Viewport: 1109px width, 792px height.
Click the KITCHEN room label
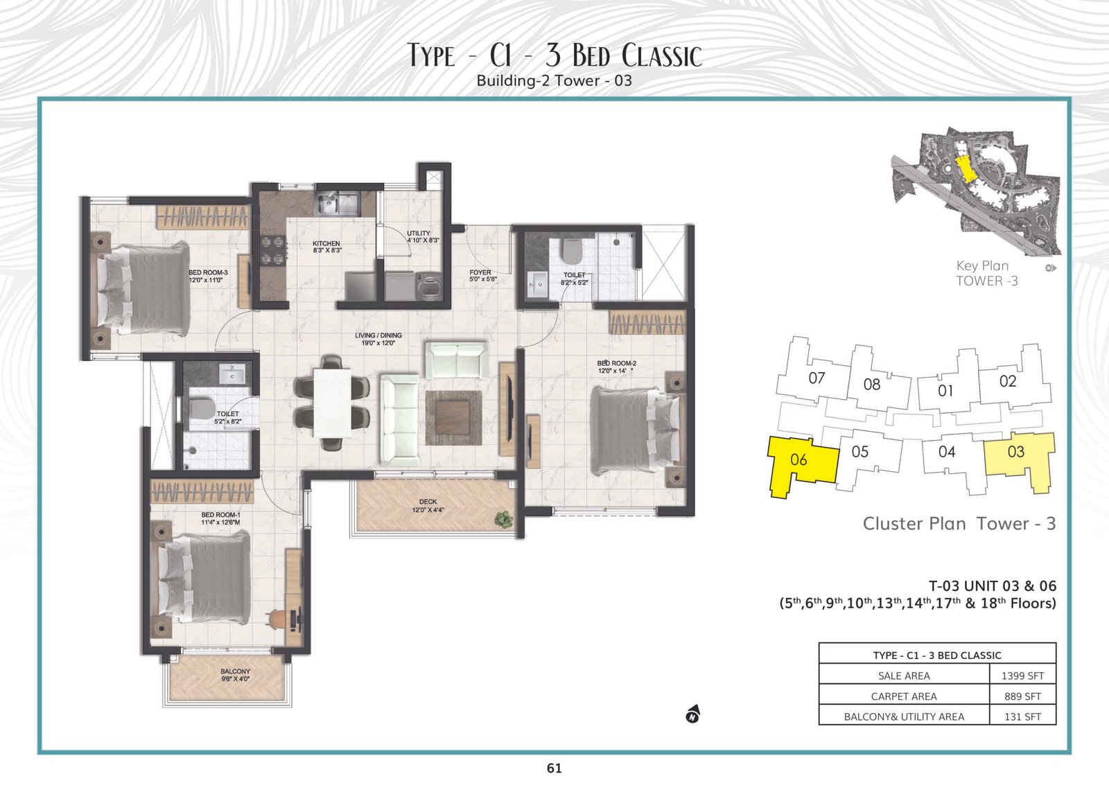(326, 243)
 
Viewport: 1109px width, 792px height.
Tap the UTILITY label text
(419, 233)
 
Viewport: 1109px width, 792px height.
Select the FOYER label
(480, 272)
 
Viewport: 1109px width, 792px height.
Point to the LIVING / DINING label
(378, 335)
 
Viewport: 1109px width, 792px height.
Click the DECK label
(428, 502)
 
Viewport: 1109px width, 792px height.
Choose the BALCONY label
(235, 671)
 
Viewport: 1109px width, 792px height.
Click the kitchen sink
(338, 203)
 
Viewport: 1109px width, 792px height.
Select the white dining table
(333, 403)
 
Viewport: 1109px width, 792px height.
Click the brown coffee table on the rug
(453, 417)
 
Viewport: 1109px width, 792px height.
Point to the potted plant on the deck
(504, 518)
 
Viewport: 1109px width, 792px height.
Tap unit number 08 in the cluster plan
(872, 385)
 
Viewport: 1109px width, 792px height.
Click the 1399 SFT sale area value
(1022, 676)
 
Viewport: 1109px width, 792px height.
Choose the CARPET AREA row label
(904, 696)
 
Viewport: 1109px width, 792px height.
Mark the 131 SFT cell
(1022, 716)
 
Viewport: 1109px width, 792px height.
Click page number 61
(554, 768)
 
